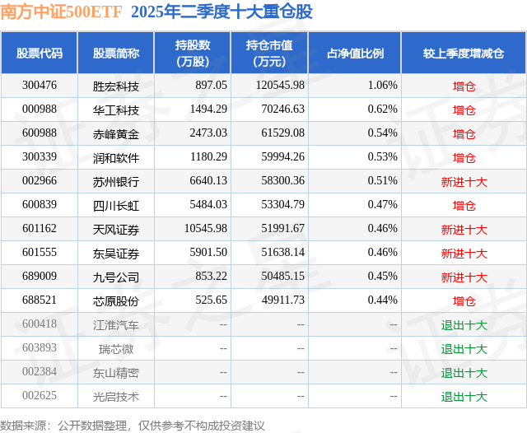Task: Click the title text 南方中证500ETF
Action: (62, 12)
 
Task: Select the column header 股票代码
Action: (39, 53)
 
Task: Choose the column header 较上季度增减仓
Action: (464, 53)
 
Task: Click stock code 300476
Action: (40, 86)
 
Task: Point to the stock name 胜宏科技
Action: (116, 86)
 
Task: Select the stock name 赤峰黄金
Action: (116, 133)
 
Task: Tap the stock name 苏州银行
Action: (116, 181)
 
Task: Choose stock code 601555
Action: (40, 253)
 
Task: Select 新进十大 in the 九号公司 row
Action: (464, 277)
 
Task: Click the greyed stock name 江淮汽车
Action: (116, 325)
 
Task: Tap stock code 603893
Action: (40, 349)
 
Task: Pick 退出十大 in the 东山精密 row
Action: (464, 373)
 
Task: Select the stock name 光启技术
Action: (116, 397)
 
